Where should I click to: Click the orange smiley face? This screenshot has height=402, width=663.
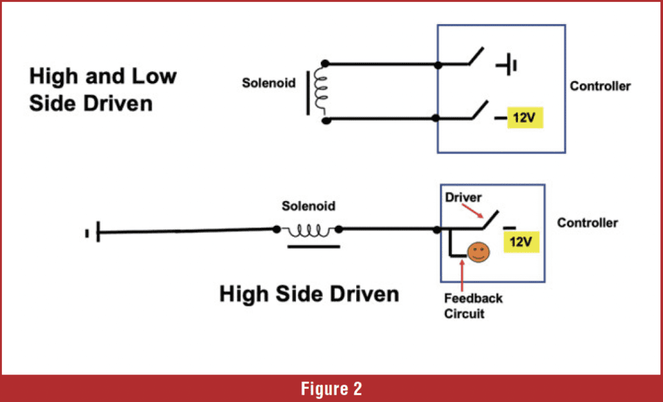click(478, 252)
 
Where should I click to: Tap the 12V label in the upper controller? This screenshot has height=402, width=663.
click(525, 117)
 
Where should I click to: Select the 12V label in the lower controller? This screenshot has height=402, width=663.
click(521, 242)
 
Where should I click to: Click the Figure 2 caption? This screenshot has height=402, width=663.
click(331, 389)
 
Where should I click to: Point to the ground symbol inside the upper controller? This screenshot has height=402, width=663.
click(507, 65)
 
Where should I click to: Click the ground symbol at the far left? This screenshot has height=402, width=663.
click(93, 232)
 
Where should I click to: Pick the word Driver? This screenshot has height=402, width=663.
click(463, 197)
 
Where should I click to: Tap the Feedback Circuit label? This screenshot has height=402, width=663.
click(473, 306)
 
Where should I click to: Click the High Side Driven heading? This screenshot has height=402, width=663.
click(309, 293)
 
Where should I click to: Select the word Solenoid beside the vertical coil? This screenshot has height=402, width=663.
click(269, 83)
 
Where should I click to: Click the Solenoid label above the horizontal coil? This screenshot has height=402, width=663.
click(308, 206)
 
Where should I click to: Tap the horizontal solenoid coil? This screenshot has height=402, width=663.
click(308, 231)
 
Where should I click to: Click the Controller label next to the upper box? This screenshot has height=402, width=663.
click(600, 86)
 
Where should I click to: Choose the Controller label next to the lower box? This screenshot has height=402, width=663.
click(587, 222)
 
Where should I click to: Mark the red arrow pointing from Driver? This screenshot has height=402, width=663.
click(472, 211)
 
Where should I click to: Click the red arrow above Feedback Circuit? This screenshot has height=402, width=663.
click(462, 275)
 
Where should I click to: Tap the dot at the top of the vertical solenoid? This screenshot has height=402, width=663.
click(325, 64)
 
